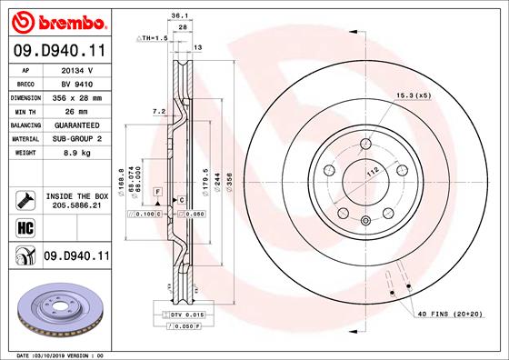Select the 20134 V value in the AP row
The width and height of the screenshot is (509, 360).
77,69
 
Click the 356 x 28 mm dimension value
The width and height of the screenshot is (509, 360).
77,96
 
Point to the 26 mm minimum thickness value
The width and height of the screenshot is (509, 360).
77,110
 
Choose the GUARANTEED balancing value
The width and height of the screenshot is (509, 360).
77,125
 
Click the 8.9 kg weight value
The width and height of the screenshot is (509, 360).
77,153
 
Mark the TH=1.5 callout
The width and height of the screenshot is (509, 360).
153,39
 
